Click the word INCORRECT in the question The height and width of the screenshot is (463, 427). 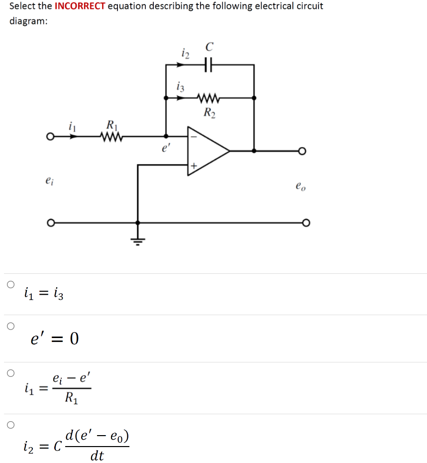point(80,6)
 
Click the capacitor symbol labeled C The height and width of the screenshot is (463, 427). point(209,65)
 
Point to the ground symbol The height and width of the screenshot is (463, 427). point(137,241)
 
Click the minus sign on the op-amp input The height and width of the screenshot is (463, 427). point(195,135)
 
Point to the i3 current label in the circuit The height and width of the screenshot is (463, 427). point(181,86)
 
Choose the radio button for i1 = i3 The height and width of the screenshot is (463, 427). point(10,285)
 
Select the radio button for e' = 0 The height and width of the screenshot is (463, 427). point(10,327)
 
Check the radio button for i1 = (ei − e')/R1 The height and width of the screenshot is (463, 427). point(10,373)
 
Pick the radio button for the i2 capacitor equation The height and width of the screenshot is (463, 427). point(10,425)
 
